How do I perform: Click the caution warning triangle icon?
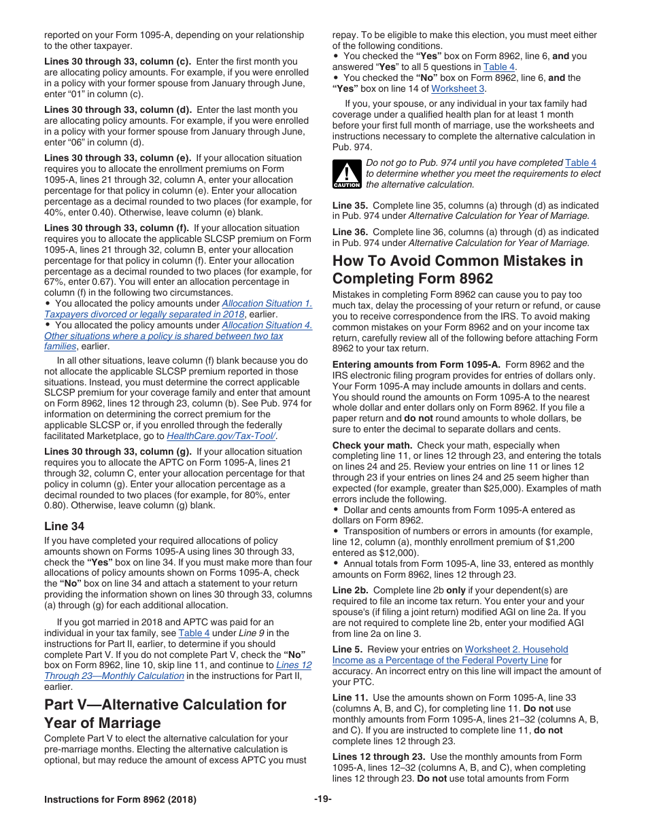[346, 174]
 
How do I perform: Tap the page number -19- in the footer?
[323, 799]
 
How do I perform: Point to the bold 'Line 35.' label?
[350, 205]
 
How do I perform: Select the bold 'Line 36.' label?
[350, 232]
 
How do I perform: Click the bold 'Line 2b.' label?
[351, 590]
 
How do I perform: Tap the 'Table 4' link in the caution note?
[581, 162]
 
